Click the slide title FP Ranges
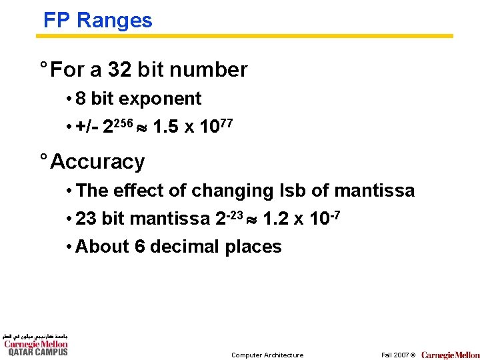click(97, 20)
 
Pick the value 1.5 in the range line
click(165, 127)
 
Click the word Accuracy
click(97, 161)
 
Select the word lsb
click(293, 191)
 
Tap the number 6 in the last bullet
click(140, 247)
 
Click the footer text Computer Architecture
click(267, 355)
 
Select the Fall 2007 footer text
click(398, 355)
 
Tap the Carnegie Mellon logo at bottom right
click(450, 355)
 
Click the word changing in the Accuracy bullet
click(233, 191)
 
